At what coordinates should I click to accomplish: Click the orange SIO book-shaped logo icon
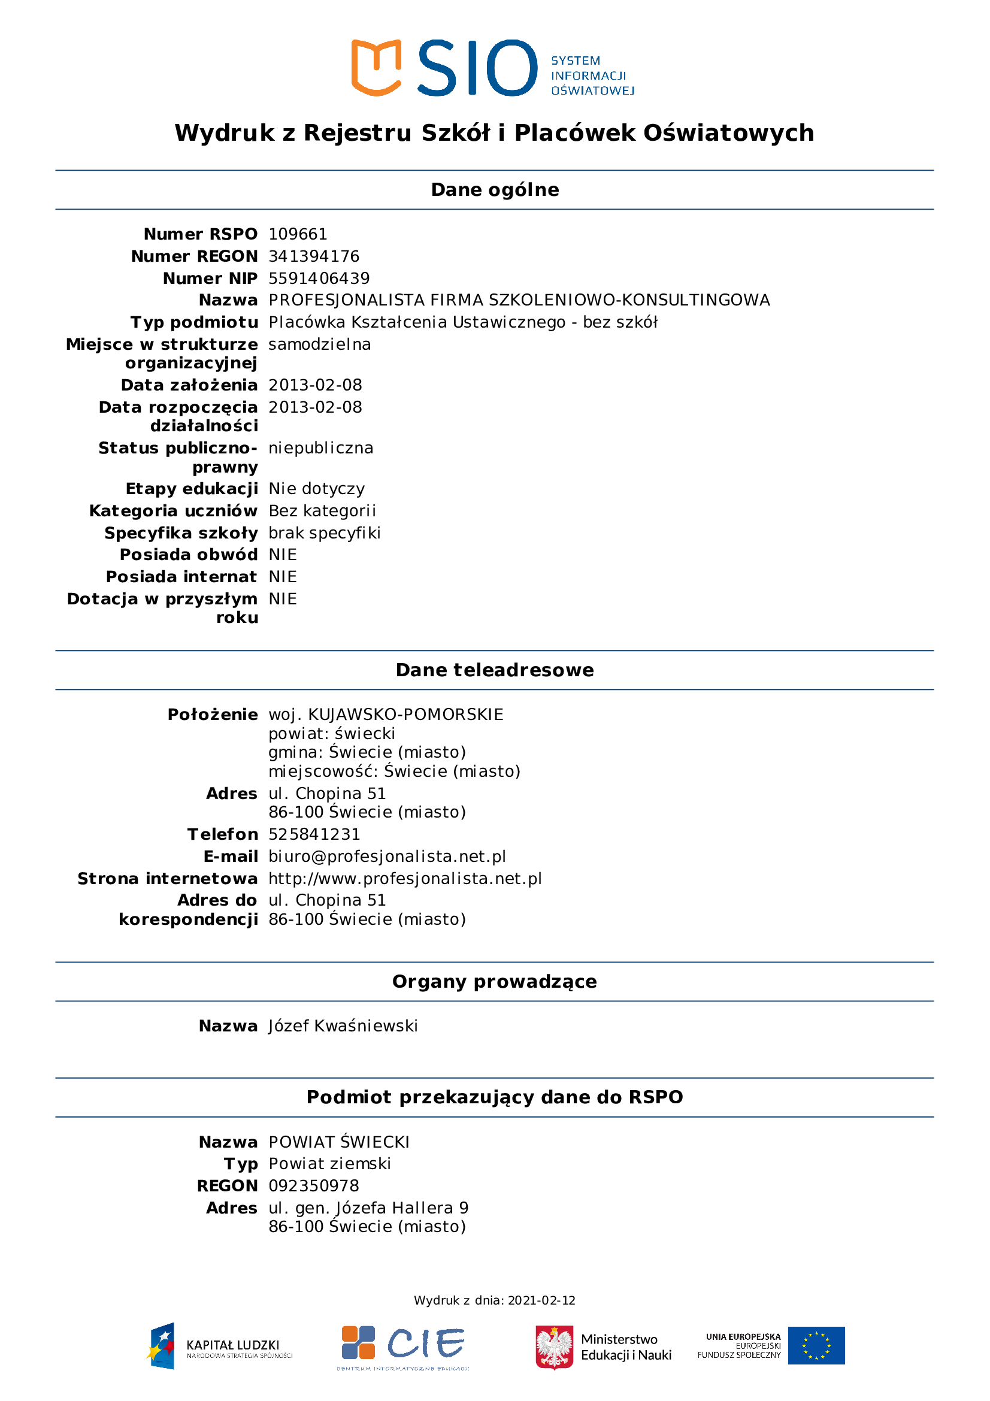[x=376, y=67]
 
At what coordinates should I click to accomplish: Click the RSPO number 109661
[x=298, y=234]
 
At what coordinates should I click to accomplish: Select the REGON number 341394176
[x=314, y=256]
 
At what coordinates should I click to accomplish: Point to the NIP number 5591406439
[x=319, y=279]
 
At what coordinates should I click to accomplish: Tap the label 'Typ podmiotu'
[x=194, y=322]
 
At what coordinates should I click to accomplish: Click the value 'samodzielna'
[x=320, y=344]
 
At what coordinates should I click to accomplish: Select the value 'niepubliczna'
[x=321, y=448]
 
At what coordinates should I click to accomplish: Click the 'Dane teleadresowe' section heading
[x=495, y=670]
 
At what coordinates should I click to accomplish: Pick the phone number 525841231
[x=314, y=834]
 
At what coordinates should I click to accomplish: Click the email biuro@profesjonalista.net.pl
[x=387, y=856]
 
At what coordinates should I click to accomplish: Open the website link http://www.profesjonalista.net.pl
[x=405, y=879]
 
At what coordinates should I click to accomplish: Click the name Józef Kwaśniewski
[x=343, y=1025]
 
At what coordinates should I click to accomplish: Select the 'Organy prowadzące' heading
[x=495, y=981]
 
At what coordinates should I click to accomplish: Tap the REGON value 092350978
[x=314, y=1185]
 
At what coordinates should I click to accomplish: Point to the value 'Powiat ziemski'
[x=329, y=1164]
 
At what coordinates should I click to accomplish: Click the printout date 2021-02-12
[x=541, y=1300]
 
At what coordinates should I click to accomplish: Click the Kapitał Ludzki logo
[x=220, y=1346]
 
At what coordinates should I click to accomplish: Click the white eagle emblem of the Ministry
[x=554, y=1346]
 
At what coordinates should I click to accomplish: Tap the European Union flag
[x=816, y=1345]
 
